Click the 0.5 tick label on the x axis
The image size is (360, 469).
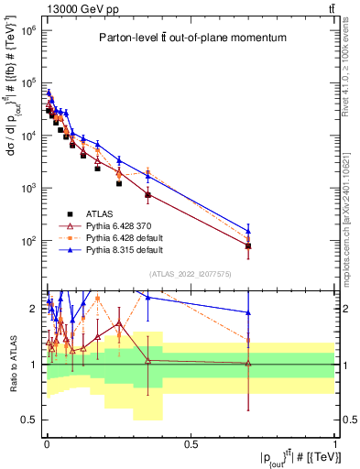[191, 442]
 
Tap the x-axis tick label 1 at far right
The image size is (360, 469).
[334, 442]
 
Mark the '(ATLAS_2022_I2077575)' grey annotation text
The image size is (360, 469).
[190, 274]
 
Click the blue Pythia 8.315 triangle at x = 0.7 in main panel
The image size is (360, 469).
[248, 231]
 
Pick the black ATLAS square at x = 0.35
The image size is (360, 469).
[147, 194]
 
